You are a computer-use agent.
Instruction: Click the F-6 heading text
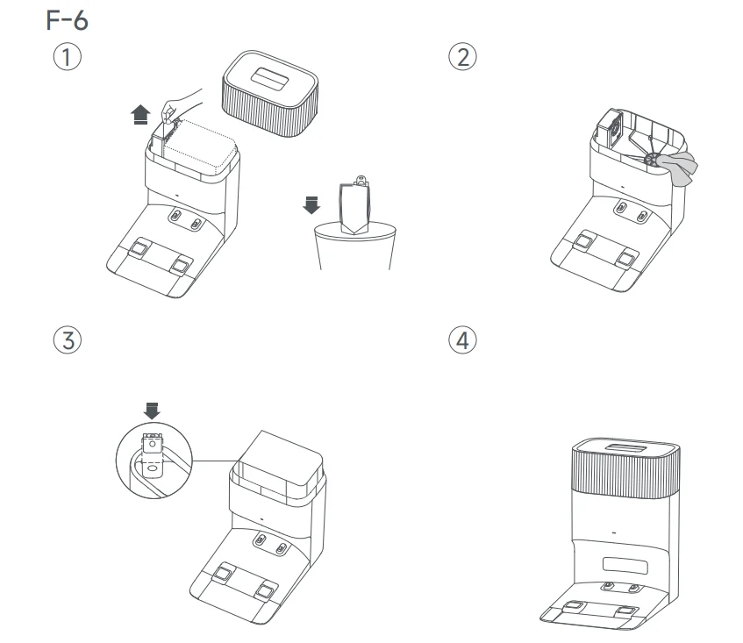pos(67,20)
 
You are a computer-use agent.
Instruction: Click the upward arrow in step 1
pos(139,115)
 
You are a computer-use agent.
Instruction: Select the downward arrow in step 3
pos(153,410)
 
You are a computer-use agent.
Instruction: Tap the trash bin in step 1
pos(354,248)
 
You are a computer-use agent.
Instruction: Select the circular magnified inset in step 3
pos(153,460)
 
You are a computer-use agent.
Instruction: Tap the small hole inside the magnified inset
pos(154,468)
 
